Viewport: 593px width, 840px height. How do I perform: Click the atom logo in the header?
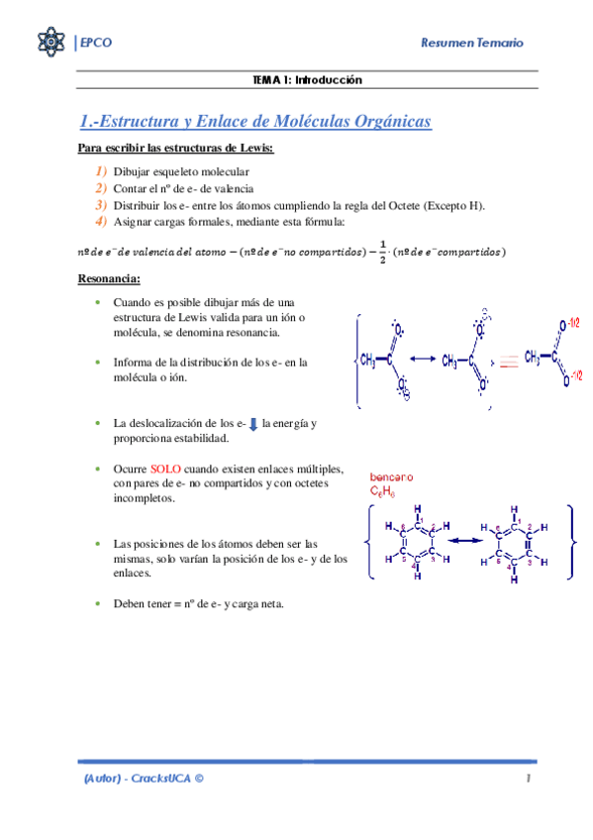(x=49, y=43)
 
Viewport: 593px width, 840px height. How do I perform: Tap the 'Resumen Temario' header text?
(x=472, y=44)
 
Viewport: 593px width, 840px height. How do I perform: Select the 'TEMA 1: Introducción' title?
(x=308, y=79)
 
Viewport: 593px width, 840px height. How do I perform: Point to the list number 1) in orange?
(x=101, y=171)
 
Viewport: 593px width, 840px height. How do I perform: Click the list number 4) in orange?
(x=101, y=221)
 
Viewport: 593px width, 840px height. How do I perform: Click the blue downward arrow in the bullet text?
(x=252, y=424)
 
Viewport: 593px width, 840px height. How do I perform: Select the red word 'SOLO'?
(x=166, y=470)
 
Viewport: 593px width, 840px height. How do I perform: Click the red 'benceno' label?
(x=391, y=477)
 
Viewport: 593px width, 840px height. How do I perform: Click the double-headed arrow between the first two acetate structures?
(x=423, y=359)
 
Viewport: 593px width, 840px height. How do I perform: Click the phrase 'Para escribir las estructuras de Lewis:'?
(x=175, y=150)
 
